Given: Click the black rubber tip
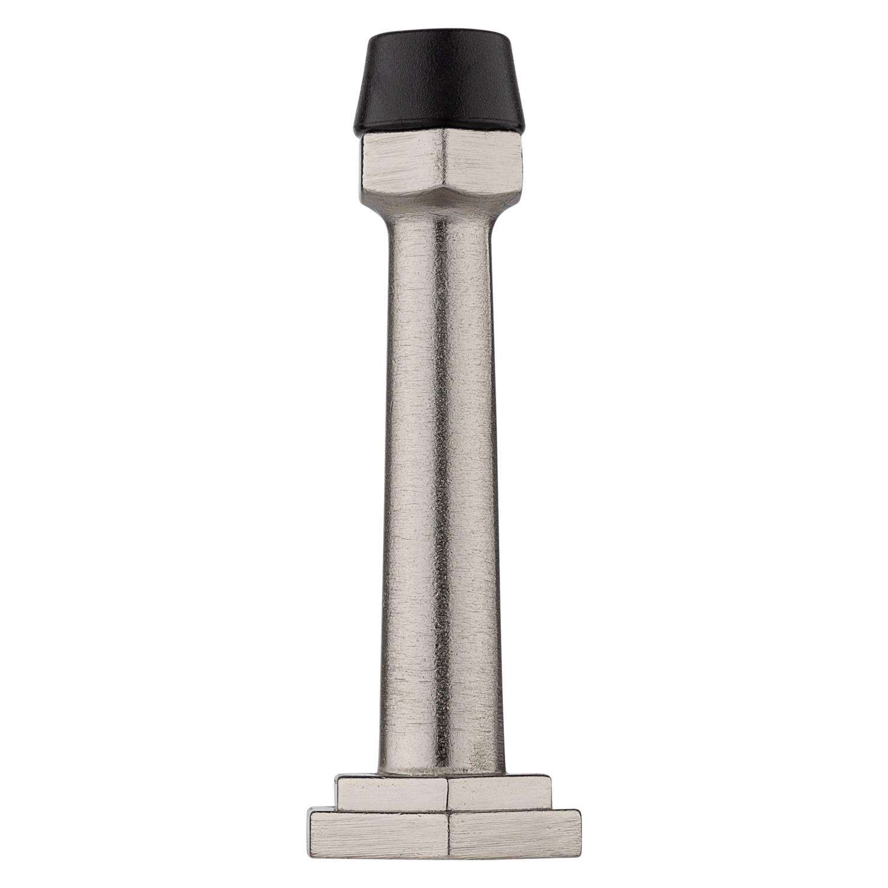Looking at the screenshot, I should coord(443,89).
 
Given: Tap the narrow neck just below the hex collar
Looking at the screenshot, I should coord(443,219).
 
